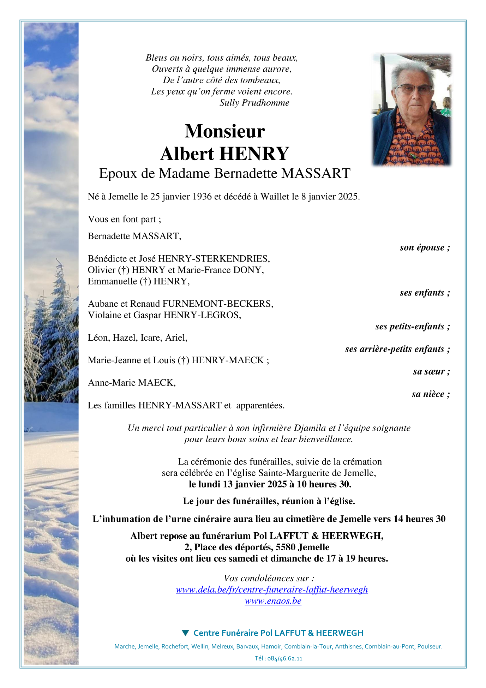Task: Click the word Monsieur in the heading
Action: [x=224, y=131]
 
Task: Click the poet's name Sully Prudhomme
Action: [x=254, y=103]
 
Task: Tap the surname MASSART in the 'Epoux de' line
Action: [x=316, y=173]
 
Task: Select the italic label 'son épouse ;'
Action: [x=425, y=247]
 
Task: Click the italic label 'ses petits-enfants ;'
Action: [x=412, y=327]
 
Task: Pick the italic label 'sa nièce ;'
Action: [x=431, y=394]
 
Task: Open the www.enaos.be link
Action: [x=273, y=601]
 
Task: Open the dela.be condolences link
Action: [x=272, y=590]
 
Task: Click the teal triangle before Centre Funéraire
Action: [x=185, y=633]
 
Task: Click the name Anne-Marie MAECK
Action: [x=131, y=383]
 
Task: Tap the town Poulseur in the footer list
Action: [x=430, y=646]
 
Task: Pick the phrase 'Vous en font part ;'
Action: [x=124, y=219]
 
